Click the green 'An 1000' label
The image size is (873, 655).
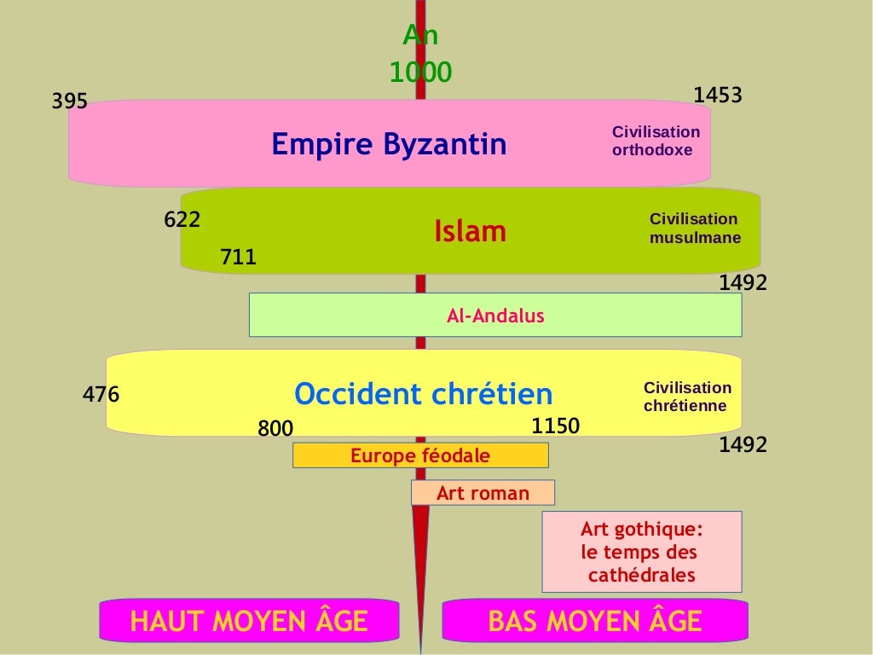[420, 55]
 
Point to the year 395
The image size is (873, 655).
[70, 101]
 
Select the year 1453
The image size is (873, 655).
[718, 96]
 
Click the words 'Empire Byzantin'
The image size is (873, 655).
[389, 144]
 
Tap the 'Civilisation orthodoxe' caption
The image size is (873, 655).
[656, 141]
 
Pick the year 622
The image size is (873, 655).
[182, 220]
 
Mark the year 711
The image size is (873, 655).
[239, 257]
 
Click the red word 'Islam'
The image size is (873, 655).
[471, 231]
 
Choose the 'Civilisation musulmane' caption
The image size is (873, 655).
[695, 229]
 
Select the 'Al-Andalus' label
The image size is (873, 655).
[495, 316]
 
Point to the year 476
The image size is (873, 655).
[101, 395]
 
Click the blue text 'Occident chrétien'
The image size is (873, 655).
[424, 394]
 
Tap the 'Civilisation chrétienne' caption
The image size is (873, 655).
[687, 397]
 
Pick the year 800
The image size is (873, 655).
[275, 429]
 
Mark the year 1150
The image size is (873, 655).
[555, 426]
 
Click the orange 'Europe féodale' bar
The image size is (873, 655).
[420, 455]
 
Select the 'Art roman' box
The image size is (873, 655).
[483, 493]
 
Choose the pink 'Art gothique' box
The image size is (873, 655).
[641, 552]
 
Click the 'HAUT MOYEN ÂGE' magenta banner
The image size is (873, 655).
[249, 621]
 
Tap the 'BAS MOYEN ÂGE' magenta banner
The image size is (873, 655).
[594, 621]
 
